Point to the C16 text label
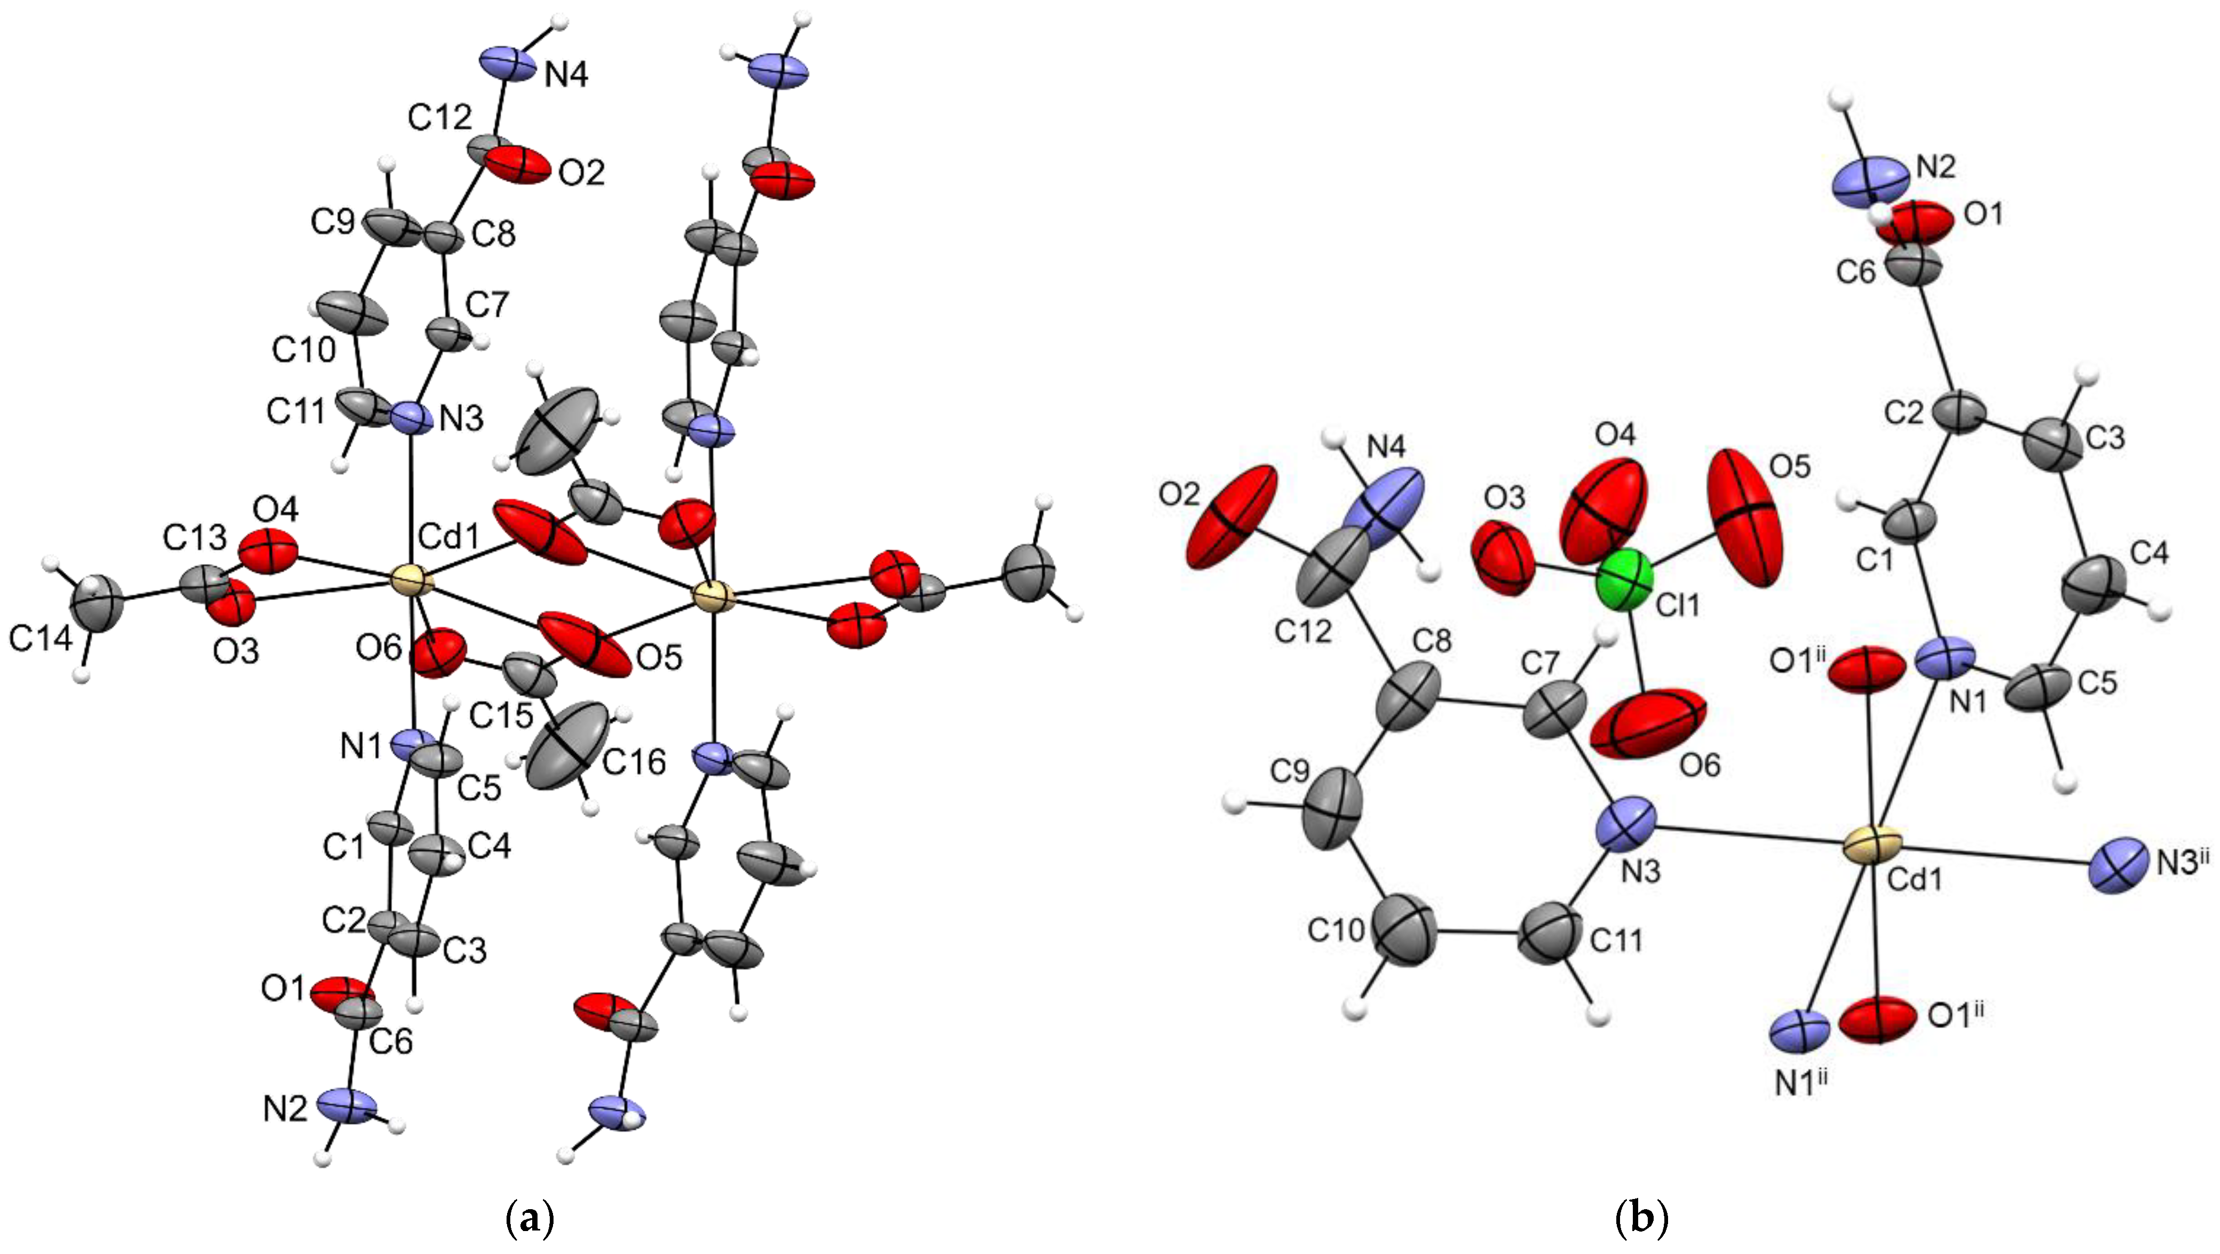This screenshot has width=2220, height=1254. tap(634, 762)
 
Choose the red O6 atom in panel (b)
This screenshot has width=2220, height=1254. tap(1649, 722)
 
